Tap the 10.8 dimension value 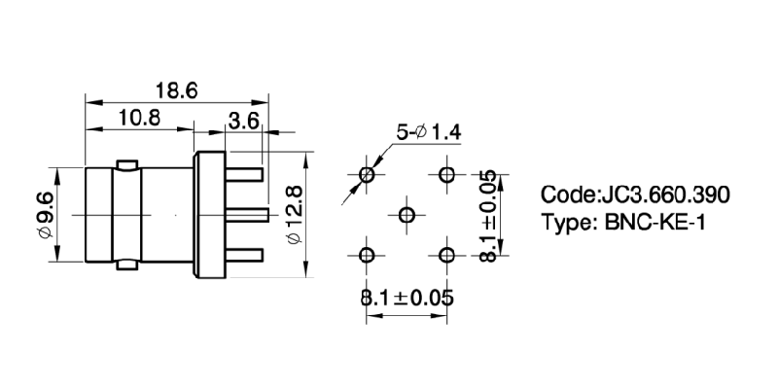[x=139, y=119]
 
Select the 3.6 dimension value [x=242, y=122]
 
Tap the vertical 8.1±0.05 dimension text [x=489, y=215]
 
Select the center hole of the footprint [x=407, y=215]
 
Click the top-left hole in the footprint [x=367, y=175]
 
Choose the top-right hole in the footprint [x=447, y=175]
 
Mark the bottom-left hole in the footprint [x=367, y=256]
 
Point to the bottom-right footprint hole [x=447, y=256]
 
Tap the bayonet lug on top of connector [x=125, y=162]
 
